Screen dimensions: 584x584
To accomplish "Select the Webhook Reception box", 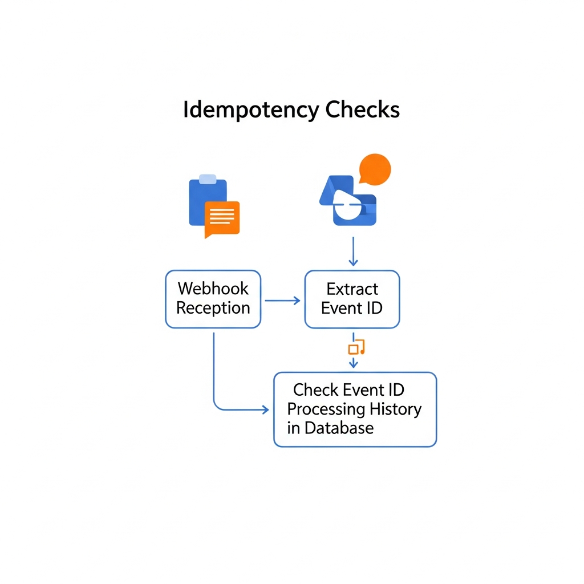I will coord(213,299).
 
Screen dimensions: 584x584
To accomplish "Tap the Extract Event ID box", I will coord(352,299).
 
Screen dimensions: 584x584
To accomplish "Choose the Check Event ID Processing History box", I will coord(355,409).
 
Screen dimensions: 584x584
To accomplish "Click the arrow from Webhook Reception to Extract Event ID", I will coord(283,301).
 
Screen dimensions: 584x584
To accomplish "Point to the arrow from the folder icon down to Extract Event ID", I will coord(353,251).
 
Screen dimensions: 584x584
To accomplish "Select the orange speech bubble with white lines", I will coord(222,218).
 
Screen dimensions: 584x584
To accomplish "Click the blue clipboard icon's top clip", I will coord(208,180).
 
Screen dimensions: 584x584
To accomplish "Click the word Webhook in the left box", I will coord(213,289).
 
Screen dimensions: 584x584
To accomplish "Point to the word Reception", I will coord(213,309).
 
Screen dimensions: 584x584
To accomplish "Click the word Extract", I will coord(352,289).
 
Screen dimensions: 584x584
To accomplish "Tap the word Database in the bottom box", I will coord(339,428).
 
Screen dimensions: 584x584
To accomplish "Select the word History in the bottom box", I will coord(395,409).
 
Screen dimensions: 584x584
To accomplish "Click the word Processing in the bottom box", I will coord(326,409).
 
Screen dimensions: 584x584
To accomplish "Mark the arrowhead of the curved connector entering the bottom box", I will coord(265,409).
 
